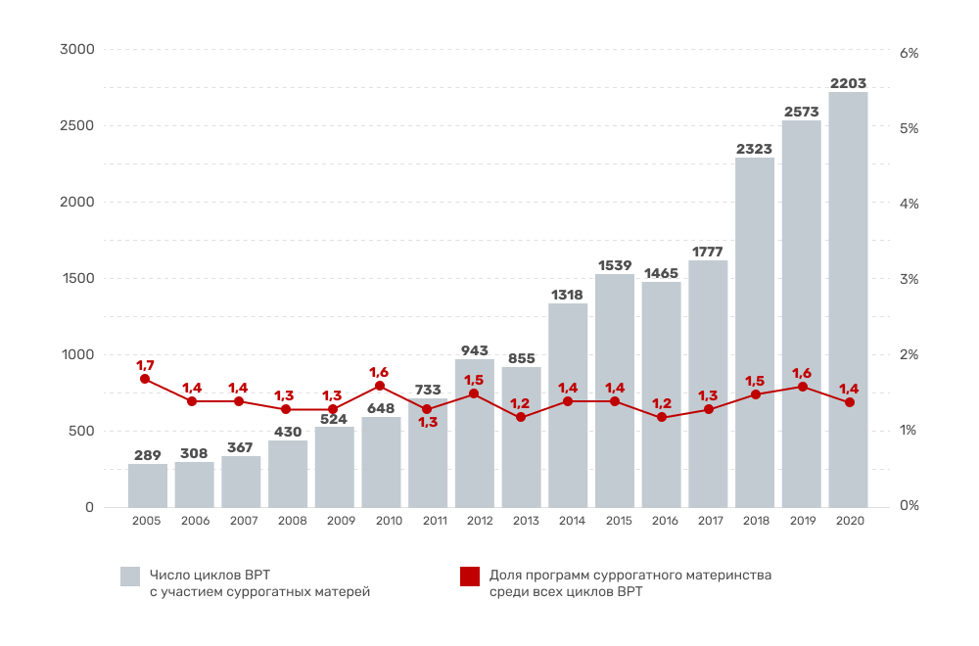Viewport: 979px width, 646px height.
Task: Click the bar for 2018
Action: tap(755, 333)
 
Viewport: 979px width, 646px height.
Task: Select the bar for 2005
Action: tap(148, 485)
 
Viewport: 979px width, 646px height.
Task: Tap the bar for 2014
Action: tap(568, 405)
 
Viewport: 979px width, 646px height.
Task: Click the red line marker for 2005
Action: tap(145, 379)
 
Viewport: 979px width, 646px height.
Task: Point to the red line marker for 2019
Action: tap(803, 387)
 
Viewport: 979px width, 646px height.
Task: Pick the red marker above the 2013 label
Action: tap(521, 417)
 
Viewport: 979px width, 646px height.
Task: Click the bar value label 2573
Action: tap(802, 113)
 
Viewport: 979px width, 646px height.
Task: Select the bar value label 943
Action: tap(475, 350)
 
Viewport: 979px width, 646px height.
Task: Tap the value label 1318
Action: tap(568, 295)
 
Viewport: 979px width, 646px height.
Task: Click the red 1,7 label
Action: tap(144, 365)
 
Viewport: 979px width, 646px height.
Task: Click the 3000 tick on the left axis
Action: tap(76, 50)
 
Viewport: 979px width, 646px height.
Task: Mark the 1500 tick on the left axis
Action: tap(76, 278)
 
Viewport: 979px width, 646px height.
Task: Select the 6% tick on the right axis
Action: tap(909, 54)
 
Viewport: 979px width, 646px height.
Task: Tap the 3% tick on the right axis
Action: tap(909, 280)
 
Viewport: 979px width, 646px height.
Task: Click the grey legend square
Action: tap(130, 577)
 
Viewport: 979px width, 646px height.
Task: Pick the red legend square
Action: tap(470, 577)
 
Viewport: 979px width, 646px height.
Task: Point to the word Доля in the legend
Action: tap(505, 575)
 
